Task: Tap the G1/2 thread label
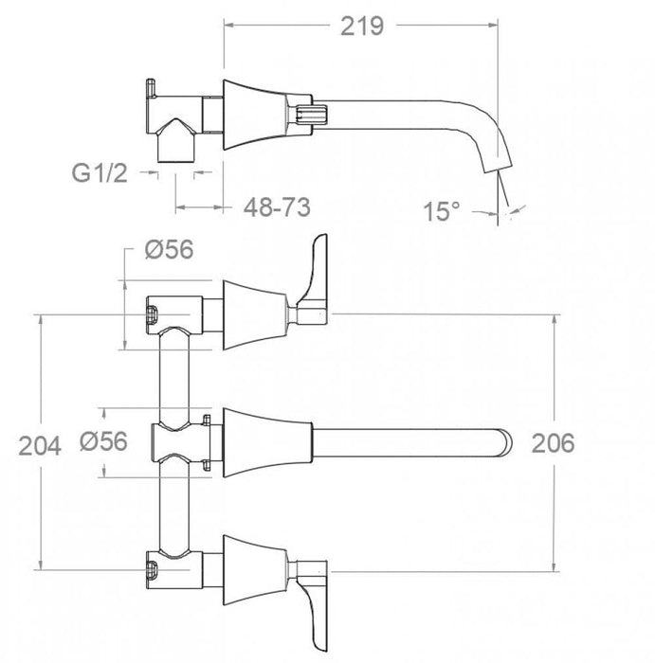(x=100, y=174)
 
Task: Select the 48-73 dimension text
(x=277, y=205)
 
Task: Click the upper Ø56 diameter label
(x=169, y=249)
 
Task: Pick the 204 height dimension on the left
(x=37, y=444)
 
